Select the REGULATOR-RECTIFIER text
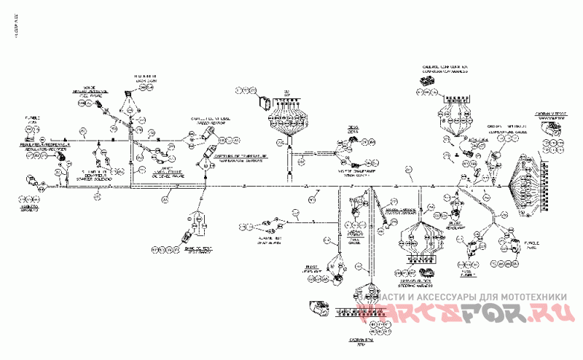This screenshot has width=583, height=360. [x=36, y=147]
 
